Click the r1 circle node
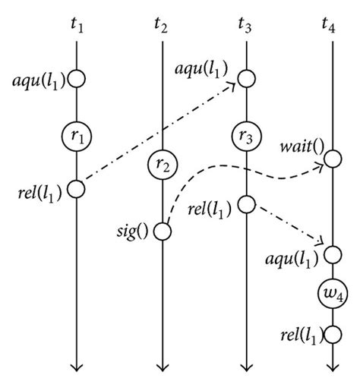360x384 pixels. tap(77, 137)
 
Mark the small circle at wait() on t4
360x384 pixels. tap(332, 158)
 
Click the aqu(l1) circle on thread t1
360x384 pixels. tap(77, 77)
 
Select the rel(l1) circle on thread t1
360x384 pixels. tap(77, 188)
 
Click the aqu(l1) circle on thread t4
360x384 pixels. tap(332, 252)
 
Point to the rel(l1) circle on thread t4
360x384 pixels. tap(332, 334)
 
